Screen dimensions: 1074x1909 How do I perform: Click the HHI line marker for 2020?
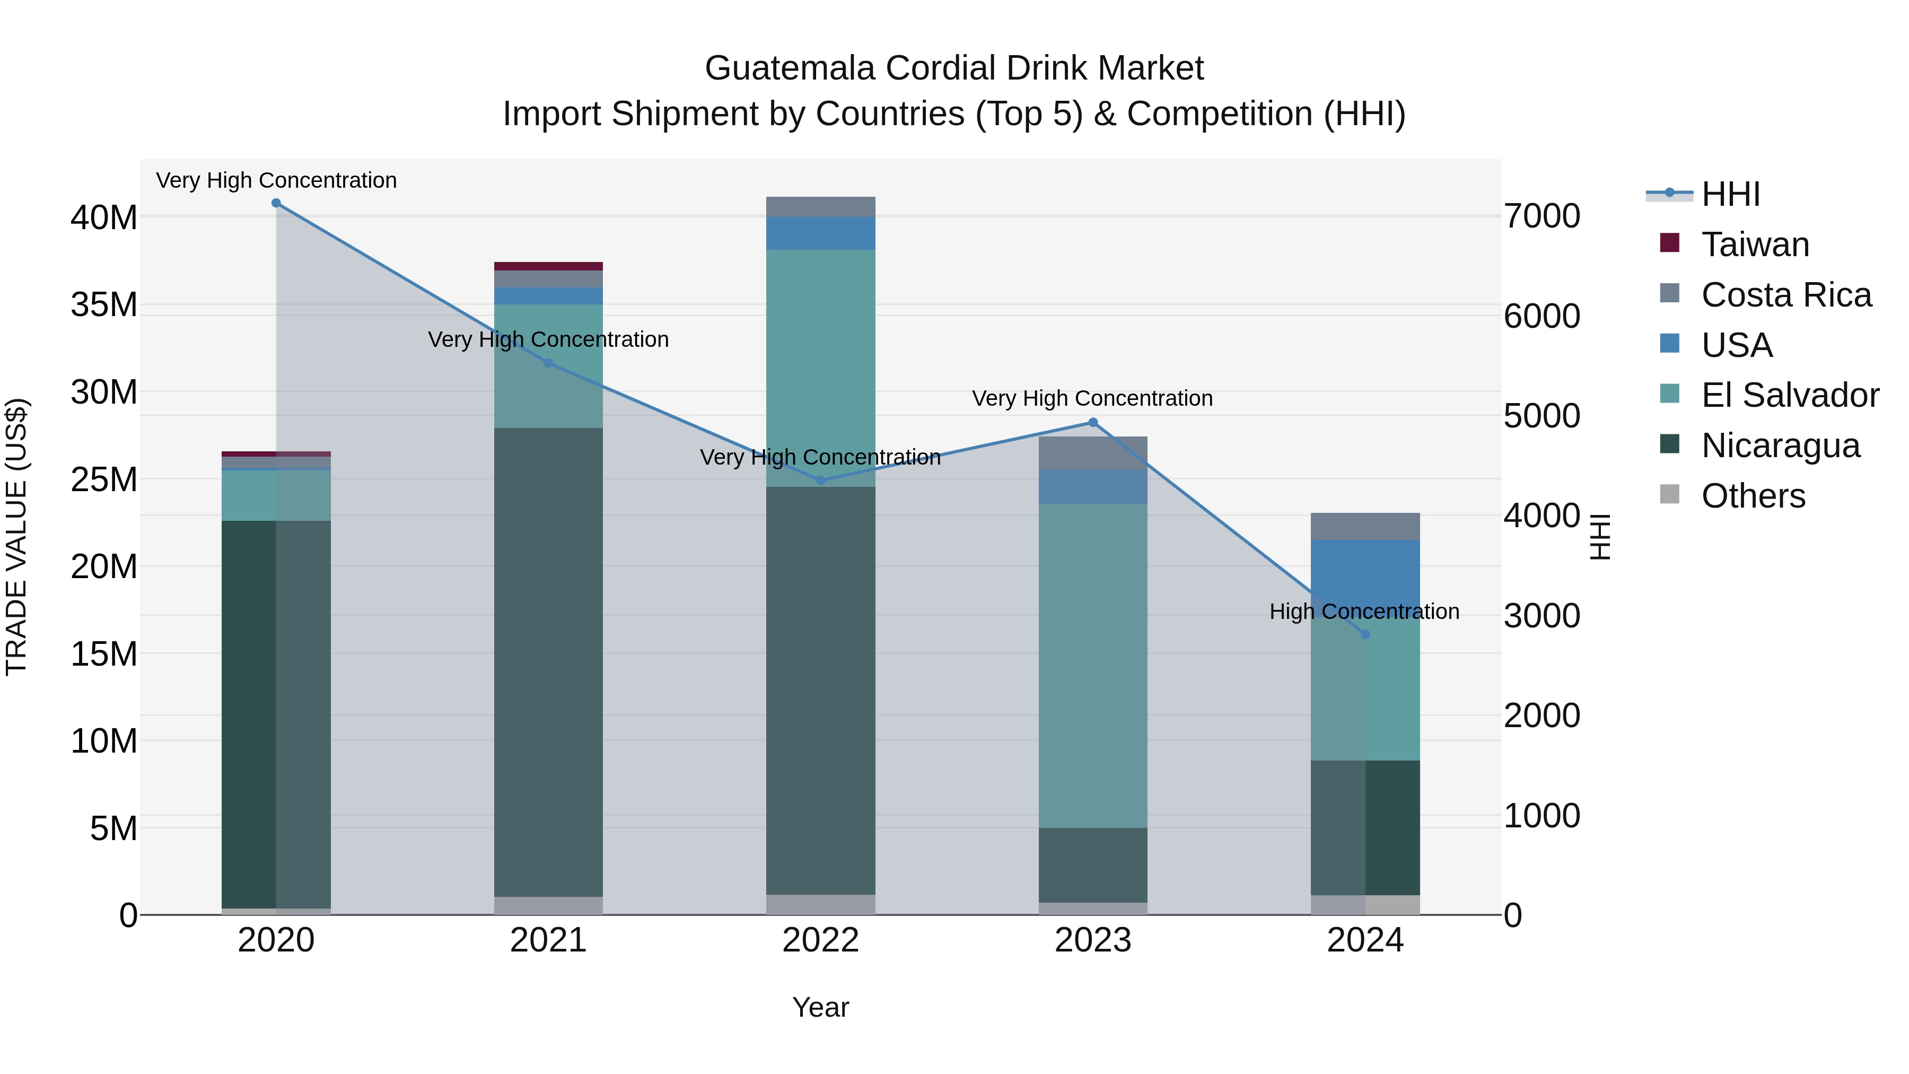(276, 203)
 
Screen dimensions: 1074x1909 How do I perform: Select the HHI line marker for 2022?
(820, 481)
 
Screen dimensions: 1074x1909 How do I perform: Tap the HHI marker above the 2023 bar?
(1092, 423)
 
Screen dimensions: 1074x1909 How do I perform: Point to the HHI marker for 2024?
(1365, 634)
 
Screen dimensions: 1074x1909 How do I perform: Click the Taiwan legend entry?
(1754, 245)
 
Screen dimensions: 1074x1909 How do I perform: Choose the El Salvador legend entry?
(1789, 395)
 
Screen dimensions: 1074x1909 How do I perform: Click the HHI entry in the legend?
(1730, 194)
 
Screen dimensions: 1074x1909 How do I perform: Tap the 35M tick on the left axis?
(104, 304)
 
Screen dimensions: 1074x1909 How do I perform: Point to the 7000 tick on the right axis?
(1542, 216)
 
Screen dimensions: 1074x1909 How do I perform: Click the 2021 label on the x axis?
(548, 940)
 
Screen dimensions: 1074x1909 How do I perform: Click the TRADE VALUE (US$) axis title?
(16, 537)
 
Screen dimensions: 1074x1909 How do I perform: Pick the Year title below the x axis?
(820, 1007)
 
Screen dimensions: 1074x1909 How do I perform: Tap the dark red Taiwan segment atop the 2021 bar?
(548, 266)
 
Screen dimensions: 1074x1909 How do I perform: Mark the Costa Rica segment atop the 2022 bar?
(820, 207)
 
